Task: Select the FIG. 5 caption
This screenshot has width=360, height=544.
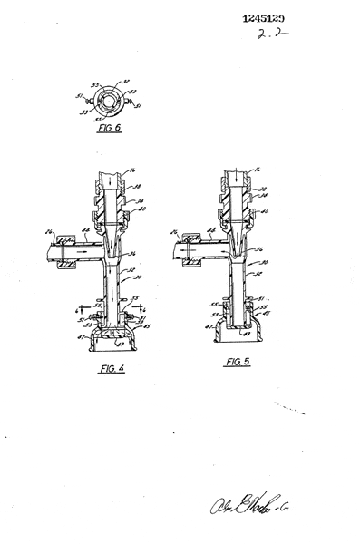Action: pos(238,362)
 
